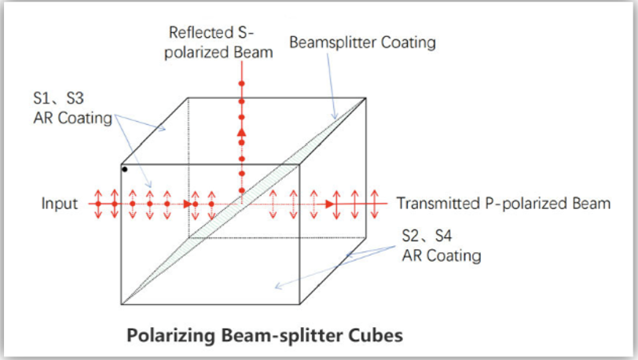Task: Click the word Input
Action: (x=60, y=204)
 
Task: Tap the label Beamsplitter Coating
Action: (x=362, y=42)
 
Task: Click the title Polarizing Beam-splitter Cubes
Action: (x=265, y=336)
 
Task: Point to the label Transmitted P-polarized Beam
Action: (x=504, y=204)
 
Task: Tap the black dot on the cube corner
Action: (x=124, y=169)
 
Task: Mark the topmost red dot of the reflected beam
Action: (x=242, y=83)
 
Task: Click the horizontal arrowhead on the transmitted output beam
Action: (x=331, y=204)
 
